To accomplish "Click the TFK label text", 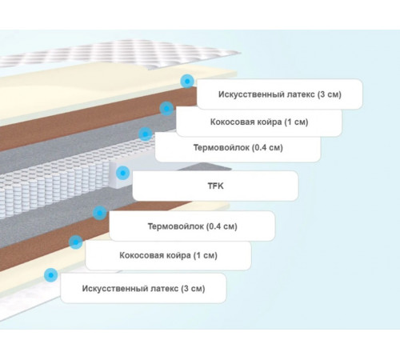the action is click(x=215, y=186).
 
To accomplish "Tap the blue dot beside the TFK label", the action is click(x=122, y=173).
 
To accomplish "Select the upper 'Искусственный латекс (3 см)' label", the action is click(x=280, y=94).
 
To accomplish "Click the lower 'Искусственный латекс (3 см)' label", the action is click(x=143, y=288).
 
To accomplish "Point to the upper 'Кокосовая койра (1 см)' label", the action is click(x=259, y=122).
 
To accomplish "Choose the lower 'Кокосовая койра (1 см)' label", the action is click(x=168, y=255).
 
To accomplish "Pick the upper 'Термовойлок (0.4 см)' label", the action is click(x=238, y=147).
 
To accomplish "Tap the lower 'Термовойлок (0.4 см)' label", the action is click(x=192, y=226).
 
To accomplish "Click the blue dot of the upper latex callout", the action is click(x=187, y=81).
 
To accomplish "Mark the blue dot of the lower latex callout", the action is click(x=51, y=274).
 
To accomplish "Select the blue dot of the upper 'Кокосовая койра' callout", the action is click(x=166, y=108).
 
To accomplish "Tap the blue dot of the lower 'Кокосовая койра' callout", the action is click(x=76, y=242).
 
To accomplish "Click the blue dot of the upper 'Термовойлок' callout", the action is click(x=146, y=134).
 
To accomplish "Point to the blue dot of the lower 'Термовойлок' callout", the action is click(x=100, y=213).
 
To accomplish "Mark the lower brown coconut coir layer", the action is click(x=80, y=234).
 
